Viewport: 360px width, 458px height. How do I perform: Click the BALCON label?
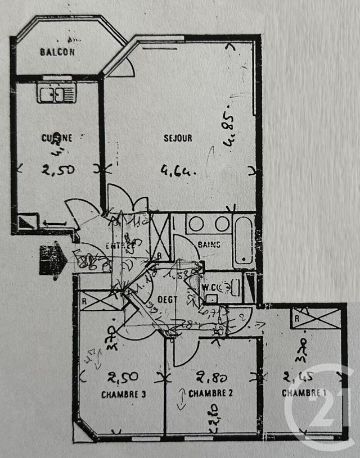pyautogui.click(x=57, y=52)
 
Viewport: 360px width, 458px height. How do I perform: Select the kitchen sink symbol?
pyautogui.click(x=56, y=93)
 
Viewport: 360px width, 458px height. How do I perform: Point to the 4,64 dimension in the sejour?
pyautogui.click(x=178, y=169)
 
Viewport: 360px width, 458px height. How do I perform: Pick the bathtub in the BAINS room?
pyautogui.click(x=244, y=240)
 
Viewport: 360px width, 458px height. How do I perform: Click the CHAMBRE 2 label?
pyautogui.click(x=210, y=393)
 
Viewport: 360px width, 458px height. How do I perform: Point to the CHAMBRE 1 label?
pyautogui.click(x=304, y=393)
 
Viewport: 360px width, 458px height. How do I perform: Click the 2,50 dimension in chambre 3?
pyautogui.click(x=124, y=377)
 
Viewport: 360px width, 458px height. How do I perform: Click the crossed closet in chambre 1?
pyautogui.click(x=316, y=318)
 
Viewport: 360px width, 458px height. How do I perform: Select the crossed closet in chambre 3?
pyautogui.click(x=100, y=300)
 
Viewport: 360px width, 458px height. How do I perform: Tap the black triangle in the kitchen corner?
pyautogui.click(x=28, y=223)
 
